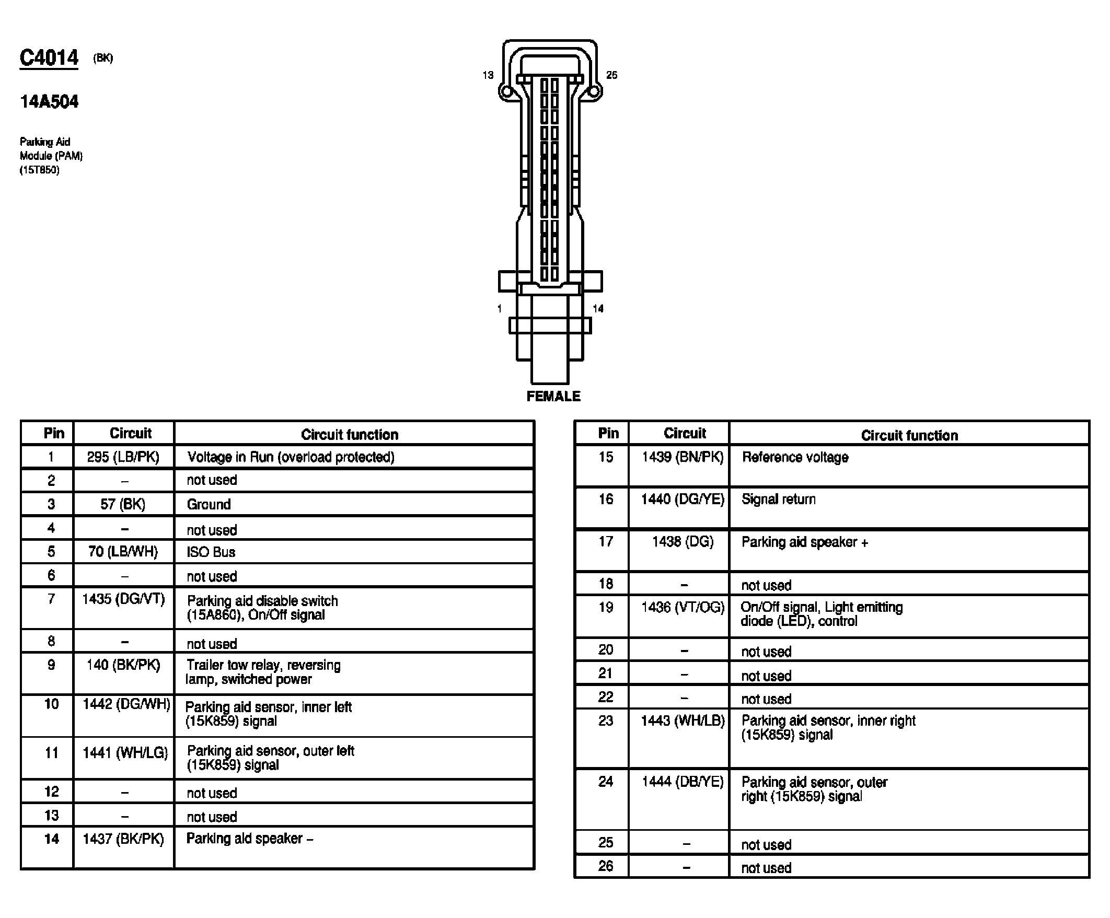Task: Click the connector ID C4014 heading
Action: click(x=49, y=57)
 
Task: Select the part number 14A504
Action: click(x=49, y=101)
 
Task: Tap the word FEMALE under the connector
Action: click(x=553, y=397)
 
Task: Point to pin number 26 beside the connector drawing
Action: click(x=611, y=75)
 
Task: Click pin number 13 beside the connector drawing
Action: click(x=488, y=75)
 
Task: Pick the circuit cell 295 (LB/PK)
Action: click(x=123, y=457)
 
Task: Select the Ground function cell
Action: click(x=209, y=504)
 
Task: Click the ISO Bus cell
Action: click(x=211, y=552)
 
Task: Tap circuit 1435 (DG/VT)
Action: click(x=123, y=599)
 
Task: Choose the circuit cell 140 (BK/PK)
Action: click(x=123, y=665)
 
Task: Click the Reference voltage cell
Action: click(x=795, y=457)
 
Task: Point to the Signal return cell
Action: click(x=779, y=499)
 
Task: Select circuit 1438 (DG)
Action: click(x=683, y=542)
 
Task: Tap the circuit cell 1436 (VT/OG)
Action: click(x=683, y=607)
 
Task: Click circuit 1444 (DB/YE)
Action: click(x=683, y=782)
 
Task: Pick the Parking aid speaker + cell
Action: click(x=804, y=542)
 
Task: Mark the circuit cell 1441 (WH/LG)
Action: click(x=125, y=752)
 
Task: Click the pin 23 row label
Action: click(x=605, y=721)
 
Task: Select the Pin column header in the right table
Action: click(x=608, y=433)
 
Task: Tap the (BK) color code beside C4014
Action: click(x=103, y=58)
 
